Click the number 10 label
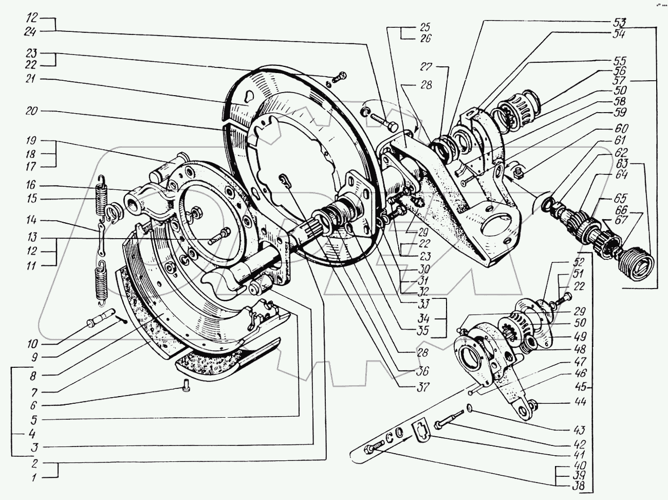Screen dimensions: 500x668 point(33,344)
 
